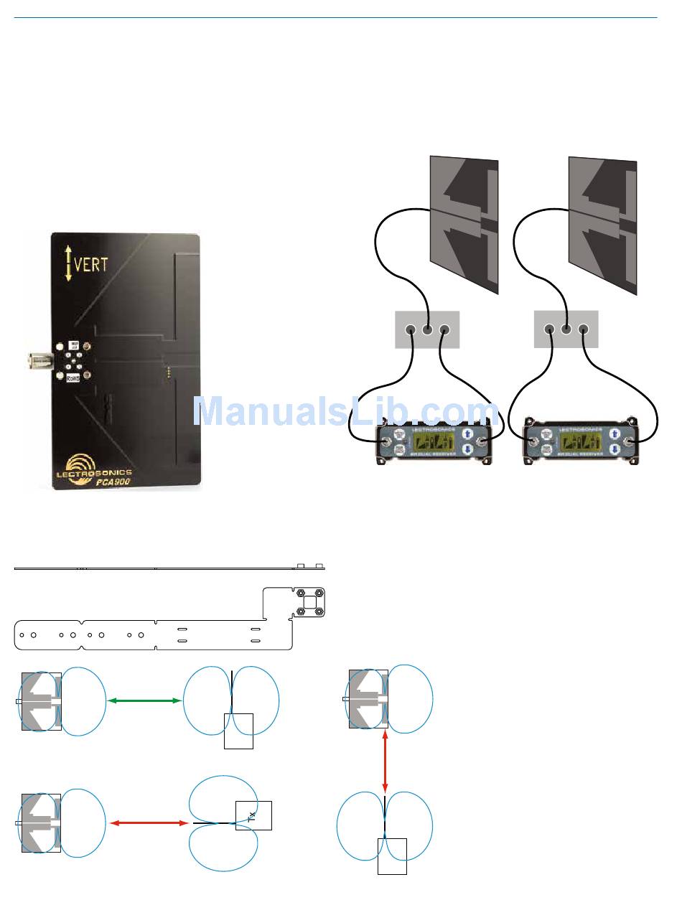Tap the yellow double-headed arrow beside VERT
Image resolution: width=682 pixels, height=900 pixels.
[x=68, y=263]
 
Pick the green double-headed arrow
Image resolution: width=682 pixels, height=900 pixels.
[x=144, y=700]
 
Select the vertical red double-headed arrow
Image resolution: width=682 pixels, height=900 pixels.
[x=386, y=762]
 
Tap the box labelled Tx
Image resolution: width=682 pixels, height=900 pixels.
[x=253, y=815]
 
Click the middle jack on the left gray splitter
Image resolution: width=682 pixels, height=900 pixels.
[x=427, y=329]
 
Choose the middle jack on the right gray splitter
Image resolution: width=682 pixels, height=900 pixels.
[x=566, y=329]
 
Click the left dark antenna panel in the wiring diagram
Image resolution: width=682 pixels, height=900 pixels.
[x=464, y=225]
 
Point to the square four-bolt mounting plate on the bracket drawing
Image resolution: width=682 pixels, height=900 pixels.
[x=309, y=602]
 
